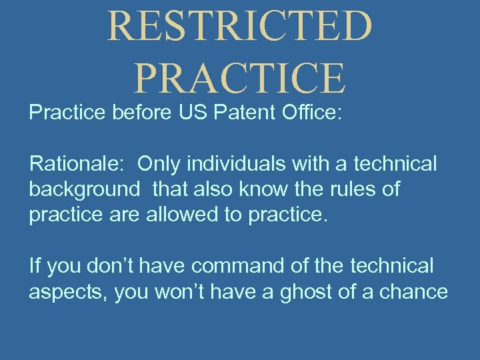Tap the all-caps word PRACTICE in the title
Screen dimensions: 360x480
coord(240,77)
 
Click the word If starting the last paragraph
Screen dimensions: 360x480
coord(35,267)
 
